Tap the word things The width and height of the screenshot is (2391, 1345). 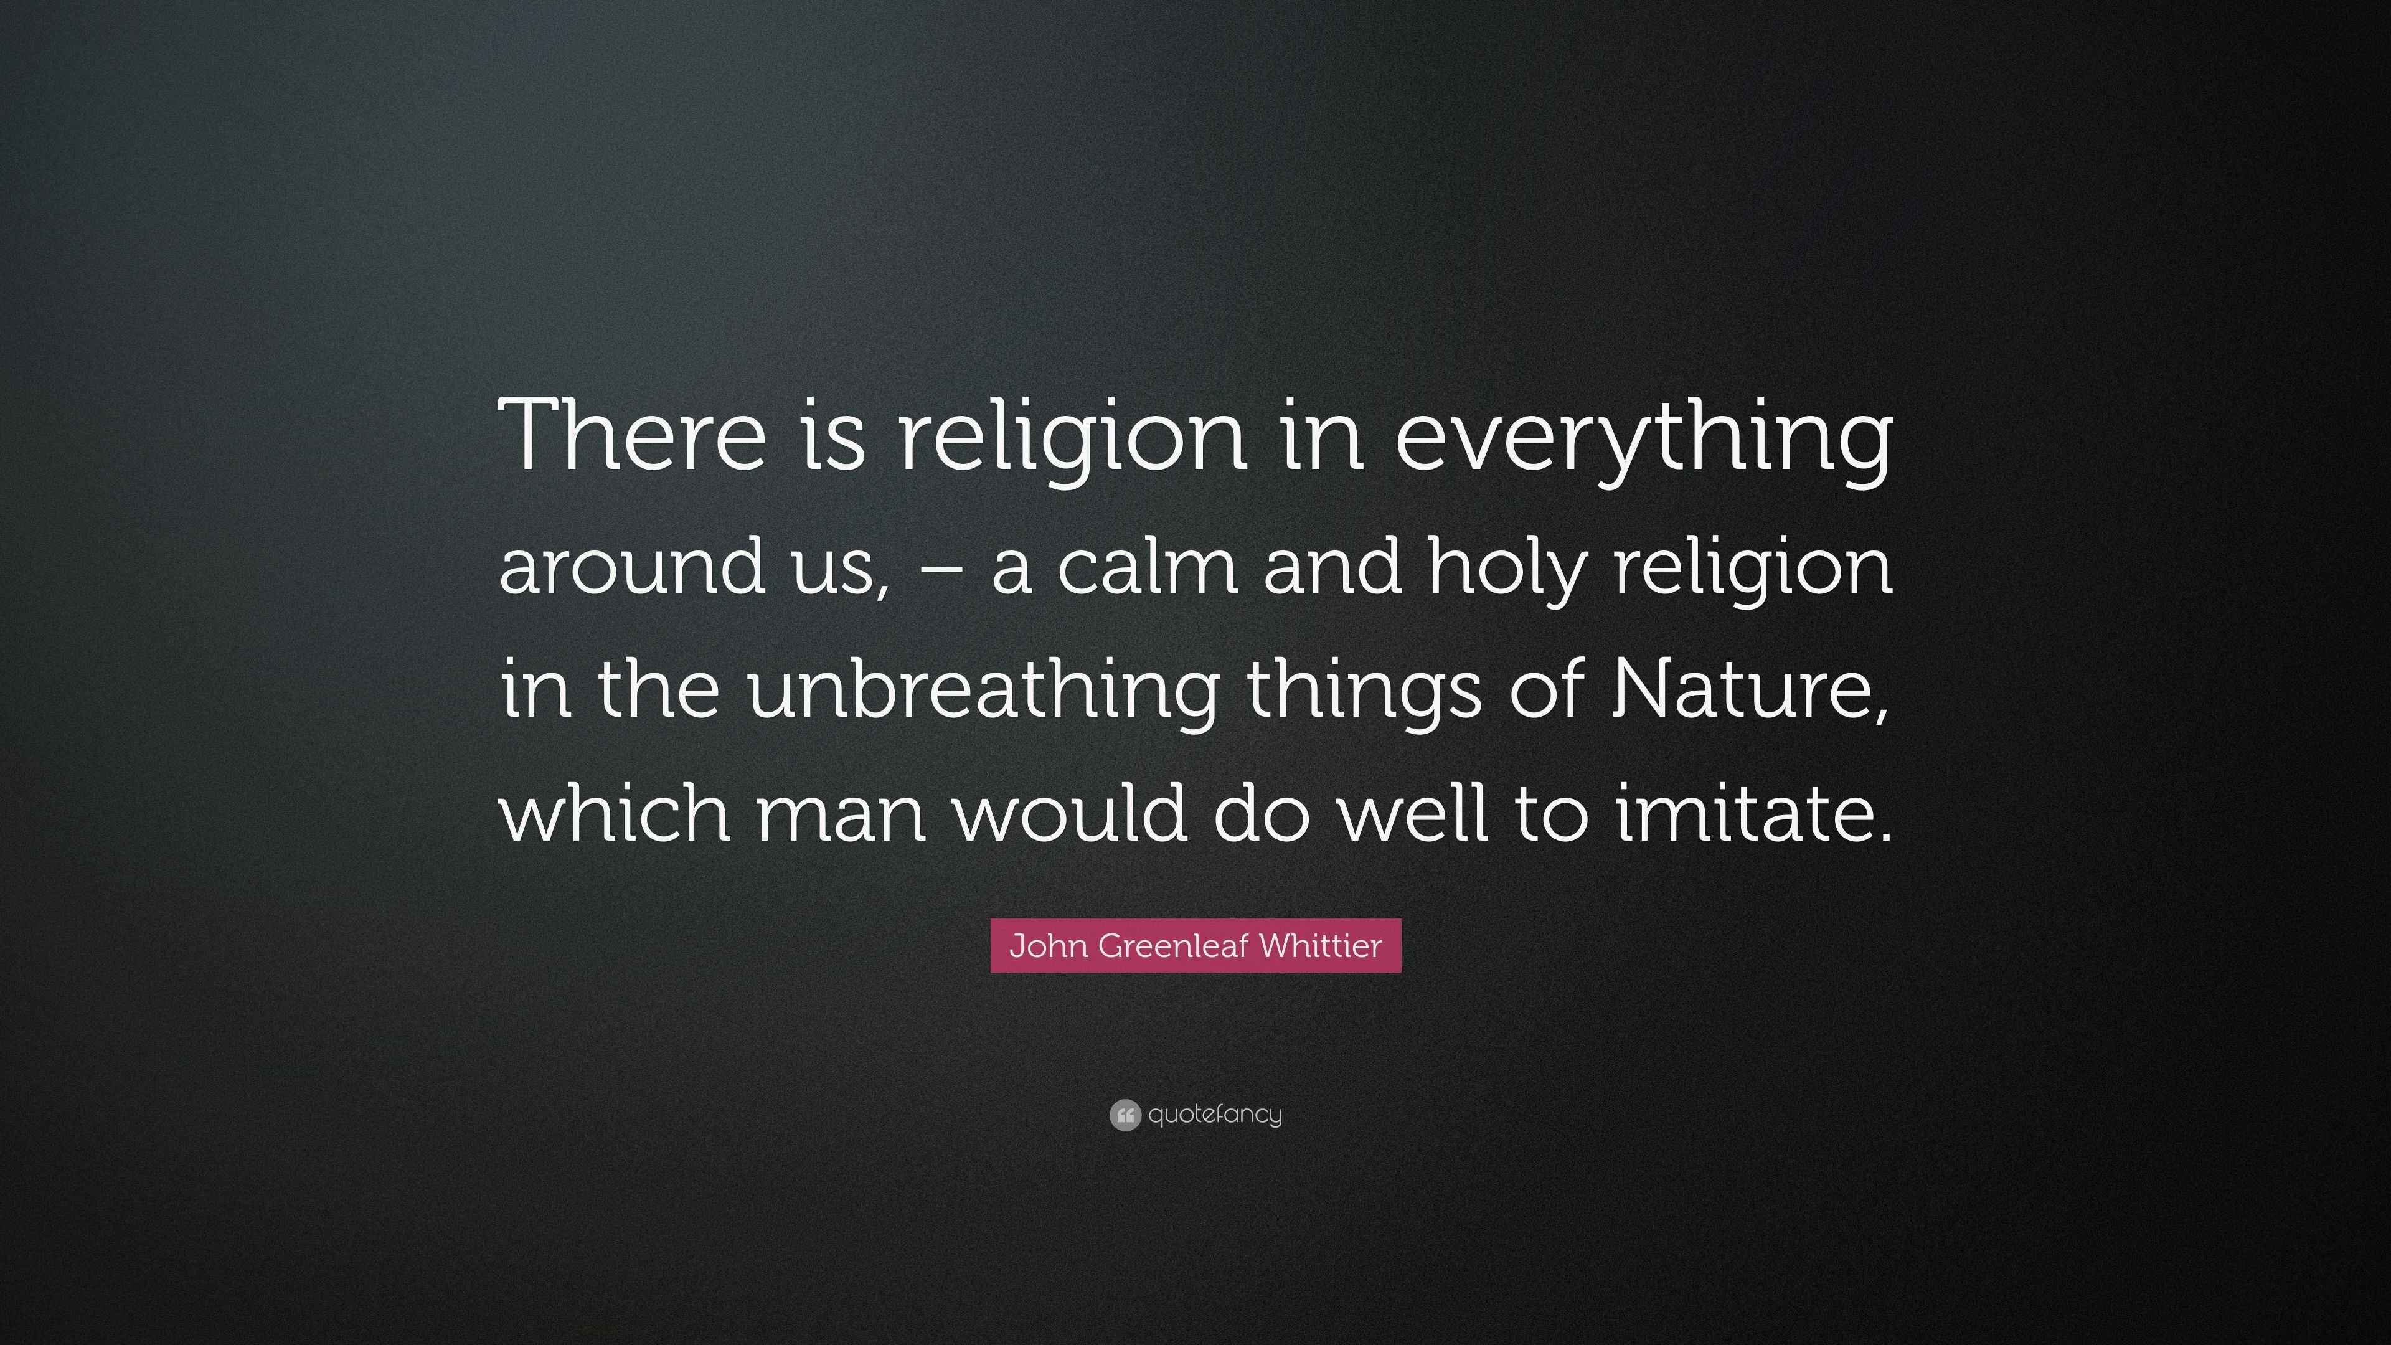pyautogui.click(x=1364, y=692)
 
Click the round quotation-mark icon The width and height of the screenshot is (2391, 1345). pyautogui.click(x=1124, y=1115)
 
